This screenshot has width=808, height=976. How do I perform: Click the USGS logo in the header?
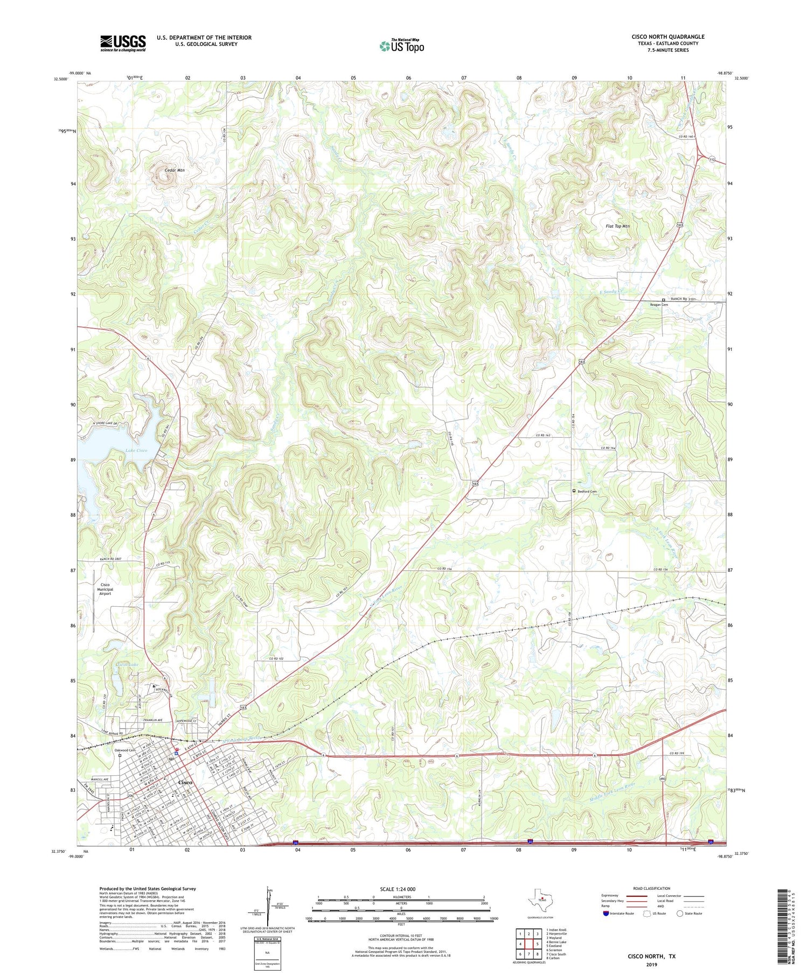pos(123,43)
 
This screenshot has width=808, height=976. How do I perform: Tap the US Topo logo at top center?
pos(401,46)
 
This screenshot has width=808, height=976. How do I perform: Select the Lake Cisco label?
pos(136,450)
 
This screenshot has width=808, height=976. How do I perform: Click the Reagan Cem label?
pos(659,305)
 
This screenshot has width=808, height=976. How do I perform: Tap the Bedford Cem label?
pos(587,491)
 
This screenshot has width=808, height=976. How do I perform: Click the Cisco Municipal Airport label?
pos(105,589)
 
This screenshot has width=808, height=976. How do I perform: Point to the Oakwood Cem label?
pos(124,750)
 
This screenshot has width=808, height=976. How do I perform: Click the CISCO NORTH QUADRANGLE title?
pos(668,37)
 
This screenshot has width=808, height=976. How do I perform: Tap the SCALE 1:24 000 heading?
pos(398,889)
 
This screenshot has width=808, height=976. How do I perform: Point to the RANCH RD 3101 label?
pos(682,299)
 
